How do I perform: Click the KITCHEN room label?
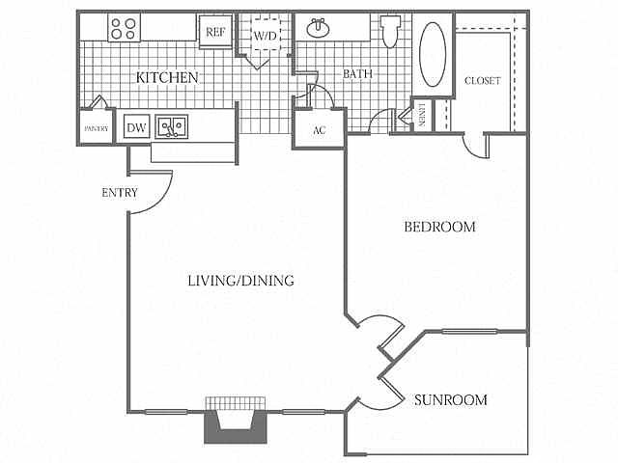[x=166, y=77]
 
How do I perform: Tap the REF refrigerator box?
[x=213, y=31]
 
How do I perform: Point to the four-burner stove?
[x=123, y=28]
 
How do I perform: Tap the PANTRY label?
[x=94, y=128]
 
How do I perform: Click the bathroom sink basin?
[x=318, y=29]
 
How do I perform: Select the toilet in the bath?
[x=390, y=32]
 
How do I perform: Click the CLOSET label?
[x=482, y=81]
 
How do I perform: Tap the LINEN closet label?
[x=422, y=117]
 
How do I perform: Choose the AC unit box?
[x=319, y=130]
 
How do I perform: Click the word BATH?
[x=357, y=74]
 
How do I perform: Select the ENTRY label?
[x=120, y=192]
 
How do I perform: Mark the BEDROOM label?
[x=439, y=228]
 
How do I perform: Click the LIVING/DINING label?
[x=240, y=281]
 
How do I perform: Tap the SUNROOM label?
[x=450, y=399]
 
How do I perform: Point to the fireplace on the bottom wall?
[x=233, y=421]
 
